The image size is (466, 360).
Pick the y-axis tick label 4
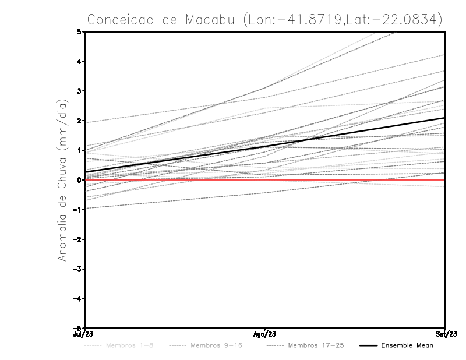point(79,62)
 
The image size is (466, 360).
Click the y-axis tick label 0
point(79,180)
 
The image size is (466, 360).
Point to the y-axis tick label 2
point(79,121)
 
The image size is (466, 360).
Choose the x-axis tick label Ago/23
point(265,335)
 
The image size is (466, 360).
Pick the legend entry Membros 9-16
point(216,346)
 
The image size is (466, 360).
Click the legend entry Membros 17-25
point(316,346)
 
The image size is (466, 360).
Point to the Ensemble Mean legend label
point(407,346)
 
